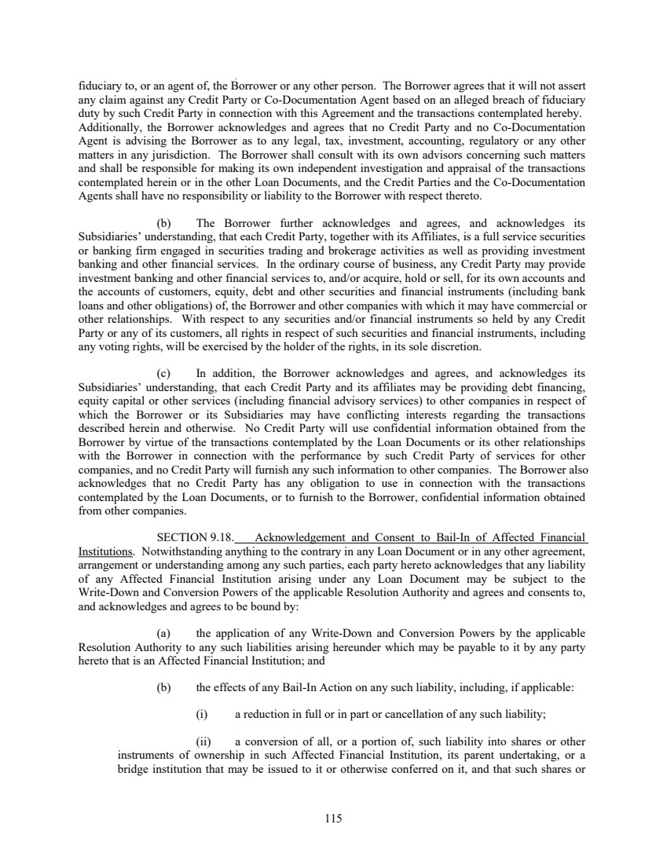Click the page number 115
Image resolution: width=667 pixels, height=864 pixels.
(x=333, y=818)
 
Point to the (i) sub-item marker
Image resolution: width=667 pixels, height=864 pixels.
(x=202, y=714)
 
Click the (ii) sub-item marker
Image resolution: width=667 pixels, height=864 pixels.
(x=203, y=741)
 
